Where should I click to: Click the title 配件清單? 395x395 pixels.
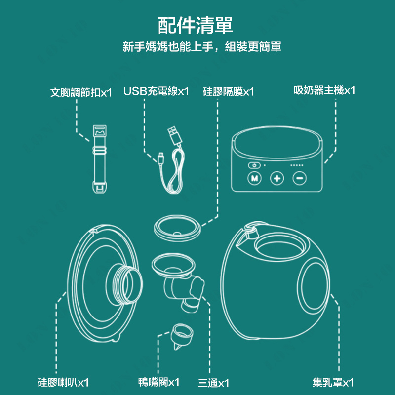coord(195,25)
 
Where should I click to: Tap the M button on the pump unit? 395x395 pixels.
coord(254,178)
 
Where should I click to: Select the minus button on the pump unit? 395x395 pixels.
coord(300,178)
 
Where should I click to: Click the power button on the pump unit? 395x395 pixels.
coord(254,165)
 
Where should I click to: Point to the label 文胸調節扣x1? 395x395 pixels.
coord(81,92)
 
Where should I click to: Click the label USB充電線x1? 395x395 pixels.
coord(156,91)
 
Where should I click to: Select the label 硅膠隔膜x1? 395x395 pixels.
coord(228,91)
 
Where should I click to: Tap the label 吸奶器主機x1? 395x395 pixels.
coord(324,90)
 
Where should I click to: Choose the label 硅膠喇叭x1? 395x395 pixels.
coord(63,382)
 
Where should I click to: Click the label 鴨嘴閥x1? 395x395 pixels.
coord(158,382)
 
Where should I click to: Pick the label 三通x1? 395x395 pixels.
coord(213,383)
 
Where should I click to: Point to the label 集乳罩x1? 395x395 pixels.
coord(333,382)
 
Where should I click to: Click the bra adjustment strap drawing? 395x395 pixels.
coord(100,159)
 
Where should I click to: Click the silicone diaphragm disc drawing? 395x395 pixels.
coord(177,228)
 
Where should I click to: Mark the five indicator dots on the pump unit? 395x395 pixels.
coord(297,165)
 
